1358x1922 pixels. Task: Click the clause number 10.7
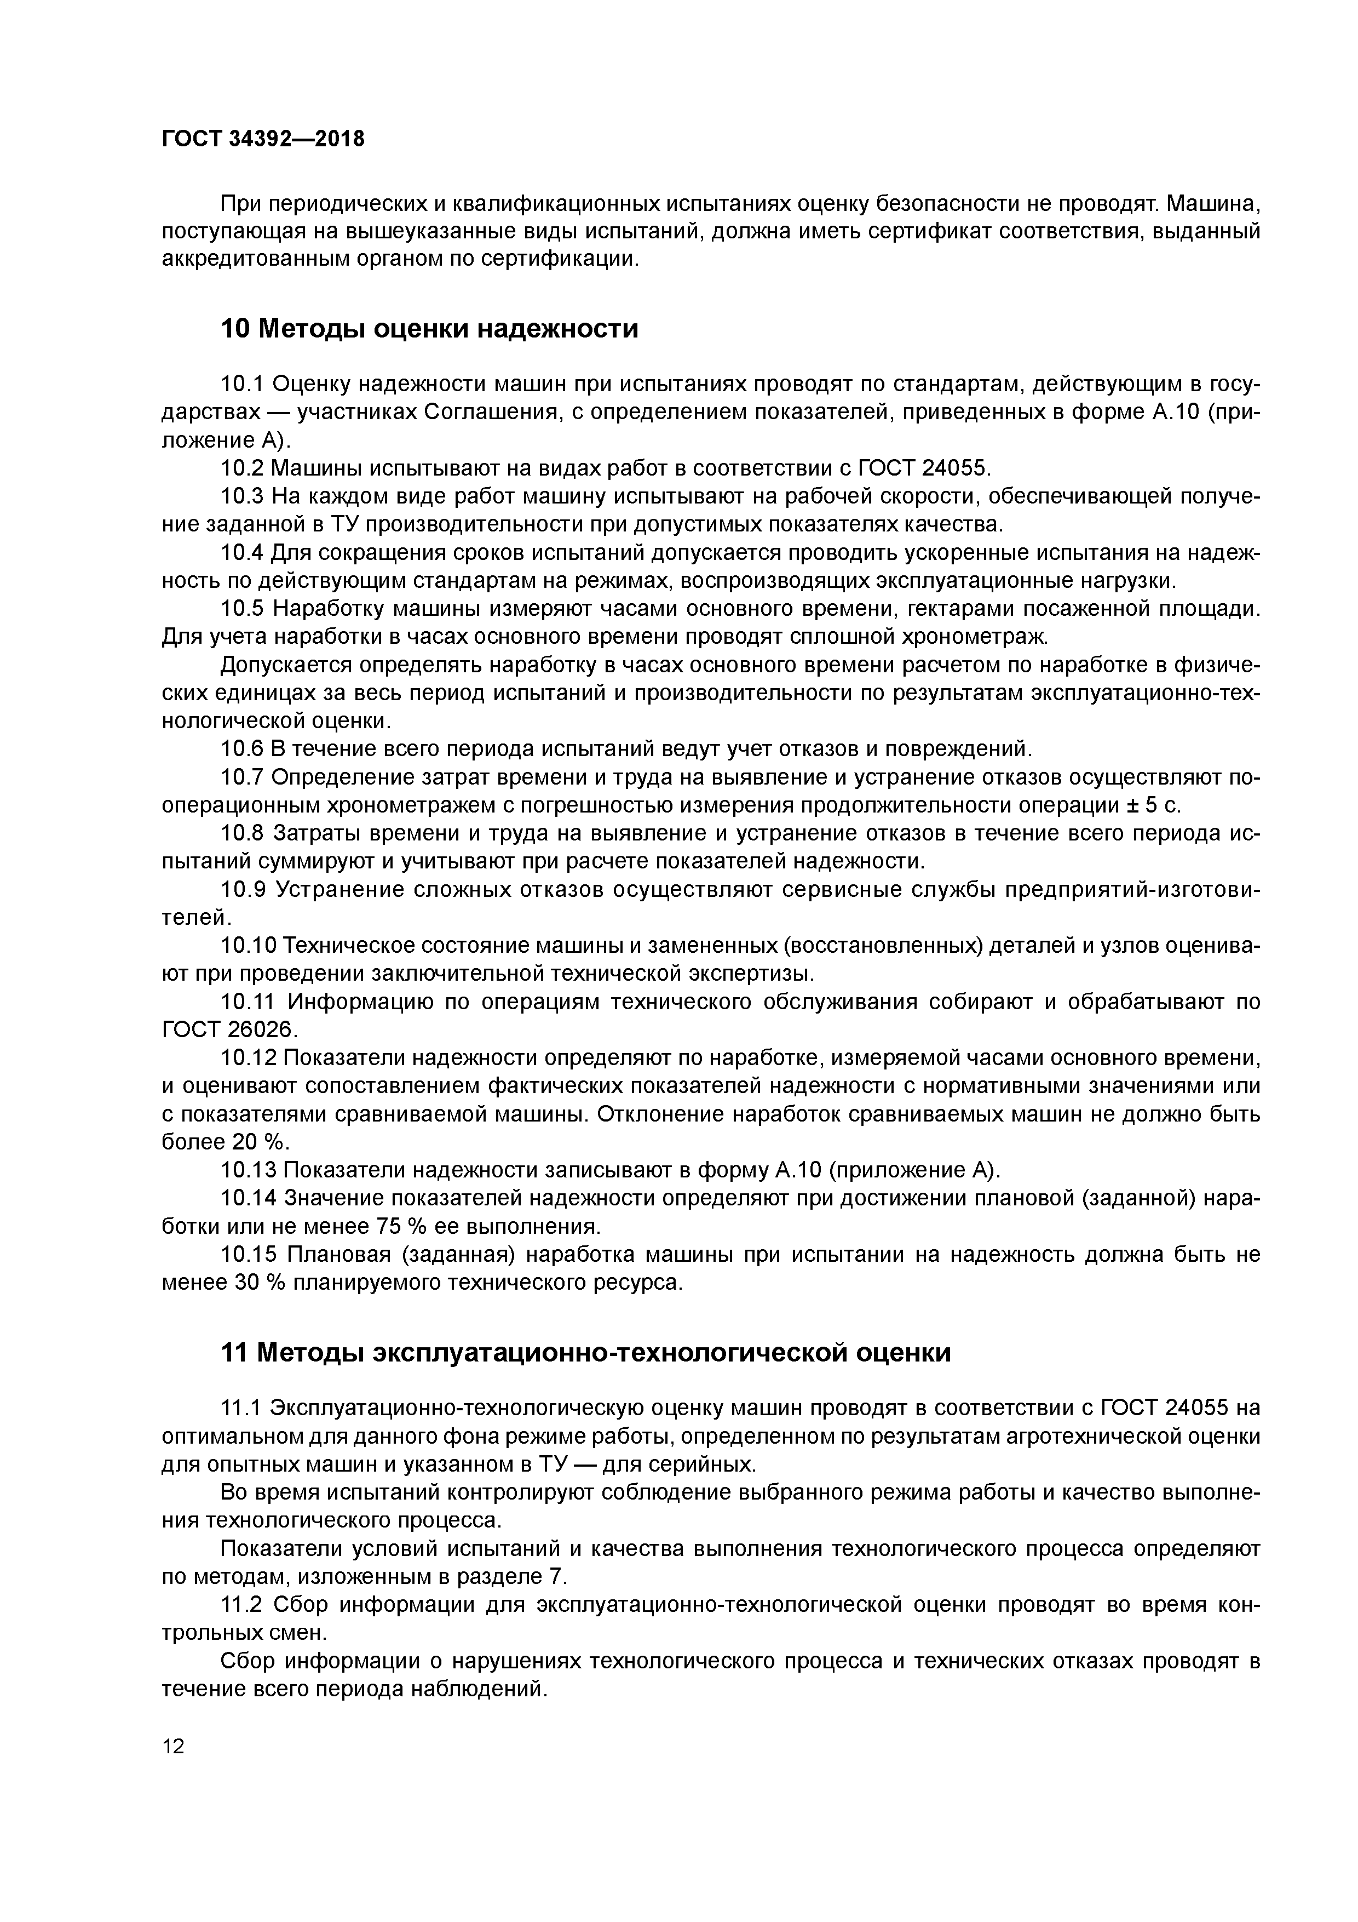click(242, 777)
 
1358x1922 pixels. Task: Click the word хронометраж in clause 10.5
click(973, 637)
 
